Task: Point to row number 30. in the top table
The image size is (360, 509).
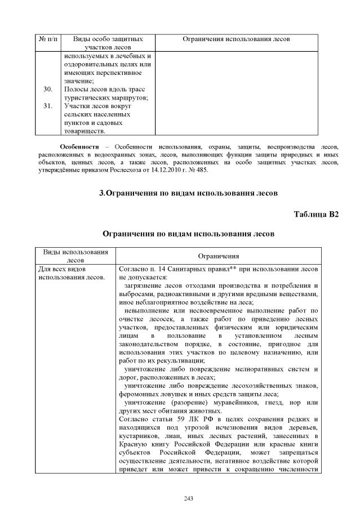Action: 48,89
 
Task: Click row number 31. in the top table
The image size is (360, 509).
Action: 48,105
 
